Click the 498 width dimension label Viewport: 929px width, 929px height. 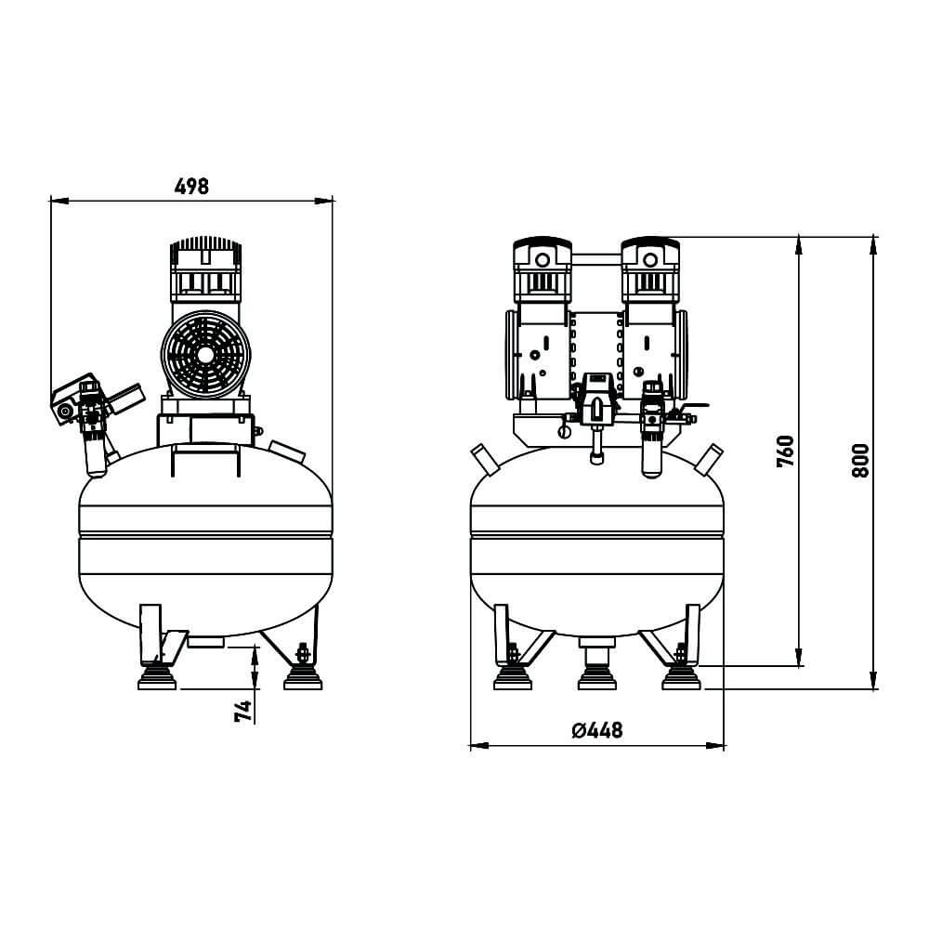point(191,186)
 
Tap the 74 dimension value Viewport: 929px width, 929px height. point(243,711)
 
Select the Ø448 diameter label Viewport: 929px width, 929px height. point(597,729)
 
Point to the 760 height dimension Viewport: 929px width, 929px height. point(785,451)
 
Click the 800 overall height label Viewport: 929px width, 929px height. point(859,461)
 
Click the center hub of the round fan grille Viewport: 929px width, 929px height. point(205,355)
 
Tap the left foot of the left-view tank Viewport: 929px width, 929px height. point(157,677)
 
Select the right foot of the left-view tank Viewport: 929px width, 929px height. point(303,677)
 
